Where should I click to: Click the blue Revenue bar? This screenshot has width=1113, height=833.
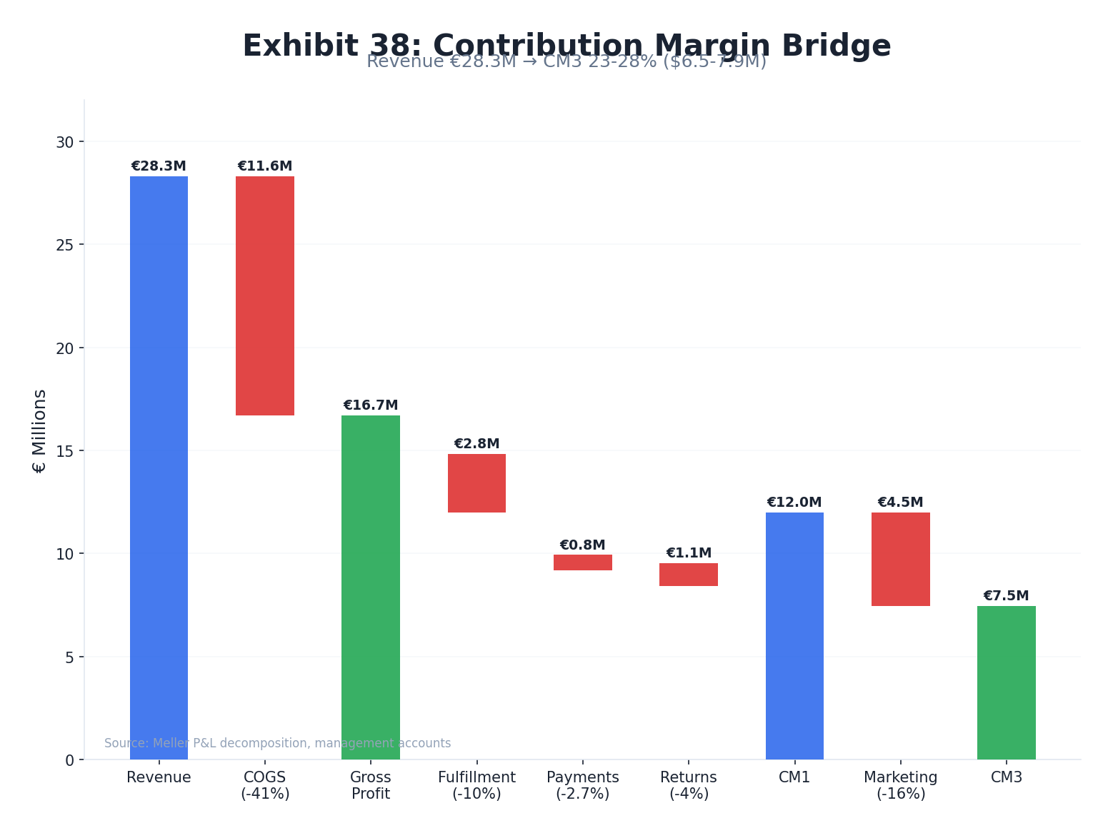click(159, 468)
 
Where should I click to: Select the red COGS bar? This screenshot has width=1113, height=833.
click(264, 296)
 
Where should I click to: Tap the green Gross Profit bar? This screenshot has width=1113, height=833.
click(370, 587)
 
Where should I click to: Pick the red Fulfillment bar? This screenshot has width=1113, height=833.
click(476, 483)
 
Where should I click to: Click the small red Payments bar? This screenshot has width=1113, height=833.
click(582, 562)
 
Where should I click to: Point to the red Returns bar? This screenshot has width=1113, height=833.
click(688, 575)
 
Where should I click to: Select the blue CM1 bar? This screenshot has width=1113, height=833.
click(794, 635)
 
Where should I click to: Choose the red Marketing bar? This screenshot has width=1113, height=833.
click(900, 559)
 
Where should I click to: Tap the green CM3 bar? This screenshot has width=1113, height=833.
click(1006, 682)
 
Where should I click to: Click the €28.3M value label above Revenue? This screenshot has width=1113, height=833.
click(159, 166)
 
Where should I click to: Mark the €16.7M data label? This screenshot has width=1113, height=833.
click(370, 405)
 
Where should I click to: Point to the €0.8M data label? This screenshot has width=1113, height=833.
click(582, 545)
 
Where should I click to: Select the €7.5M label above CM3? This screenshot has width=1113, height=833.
click(1006, 596)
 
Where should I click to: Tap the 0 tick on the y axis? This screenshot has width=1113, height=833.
click(69, 760)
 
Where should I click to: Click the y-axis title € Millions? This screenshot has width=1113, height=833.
click(40, 430)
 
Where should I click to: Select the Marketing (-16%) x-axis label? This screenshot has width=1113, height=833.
click(900, 785)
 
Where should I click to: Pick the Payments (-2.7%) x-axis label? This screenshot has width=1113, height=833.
click(582, 785)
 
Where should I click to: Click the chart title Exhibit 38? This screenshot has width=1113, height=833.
click(567, 46)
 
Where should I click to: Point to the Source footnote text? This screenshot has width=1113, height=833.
click(277, 743)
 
